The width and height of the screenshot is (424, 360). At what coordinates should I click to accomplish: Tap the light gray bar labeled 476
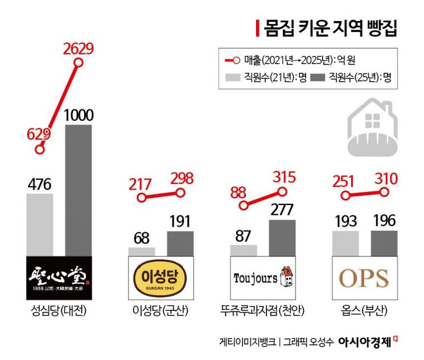[x=39, y=224]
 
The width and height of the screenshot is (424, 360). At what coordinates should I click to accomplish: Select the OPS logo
[x=364, y=277]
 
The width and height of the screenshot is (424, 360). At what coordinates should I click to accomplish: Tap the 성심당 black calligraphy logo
[x=59, y=277]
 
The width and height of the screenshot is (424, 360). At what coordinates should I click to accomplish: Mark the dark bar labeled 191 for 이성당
[x=180, y=243]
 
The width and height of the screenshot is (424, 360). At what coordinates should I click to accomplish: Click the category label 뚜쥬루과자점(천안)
[x=262, y=311]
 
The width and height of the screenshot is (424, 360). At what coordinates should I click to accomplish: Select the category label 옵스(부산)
[x=364, y=311]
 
